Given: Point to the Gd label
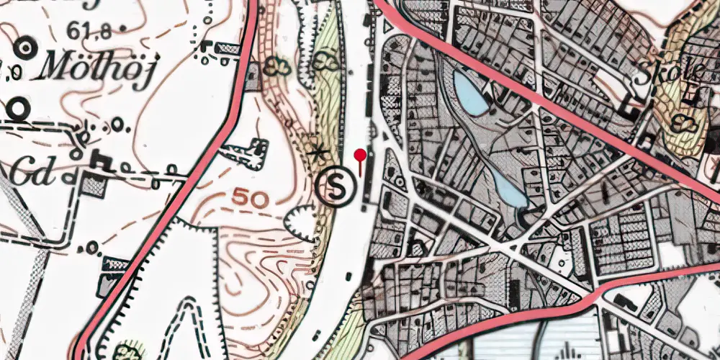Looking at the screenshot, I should coord(32,173).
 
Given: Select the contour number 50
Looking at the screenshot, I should coord(251,198).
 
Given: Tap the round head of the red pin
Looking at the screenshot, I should coord(360,154).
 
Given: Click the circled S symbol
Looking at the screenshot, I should coord(336,186).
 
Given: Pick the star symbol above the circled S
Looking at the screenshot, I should coord(318,153).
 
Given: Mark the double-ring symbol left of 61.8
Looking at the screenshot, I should coord(26,48).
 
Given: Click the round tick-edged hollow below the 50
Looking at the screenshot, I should coord(302,222).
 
